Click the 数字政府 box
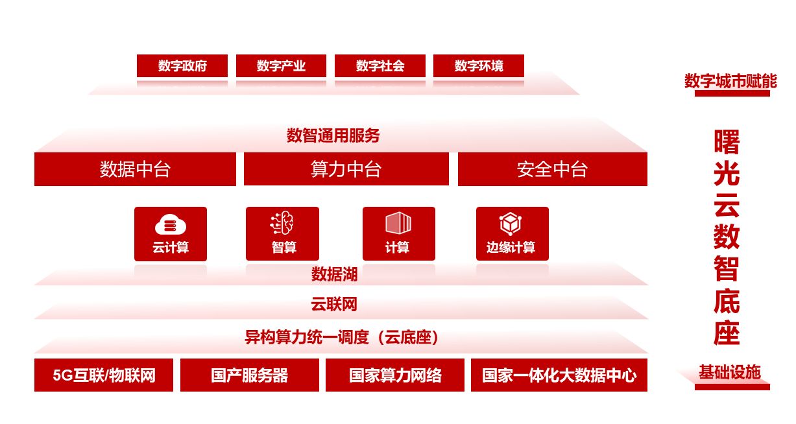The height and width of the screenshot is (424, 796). click(182, 65)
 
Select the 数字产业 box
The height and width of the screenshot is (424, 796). click(281, 65)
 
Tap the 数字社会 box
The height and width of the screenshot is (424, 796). click(380, 65)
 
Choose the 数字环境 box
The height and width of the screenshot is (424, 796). click(479, 65)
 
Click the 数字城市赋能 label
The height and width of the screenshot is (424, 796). click(730, 81)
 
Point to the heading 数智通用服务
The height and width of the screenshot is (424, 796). click(333, 135)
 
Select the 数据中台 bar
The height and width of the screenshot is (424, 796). click(135, 169)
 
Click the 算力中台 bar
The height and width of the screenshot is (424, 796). click(346, 169)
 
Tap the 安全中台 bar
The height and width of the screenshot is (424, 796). click(553, 169)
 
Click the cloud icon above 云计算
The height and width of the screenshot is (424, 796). click(171, 224)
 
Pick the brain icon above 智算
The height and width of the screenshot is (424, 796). click(282, 222)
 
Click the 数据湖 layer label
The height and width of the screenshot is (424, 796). click(334, 274)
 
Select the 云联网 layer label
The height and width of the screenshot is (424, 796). click(334, 304)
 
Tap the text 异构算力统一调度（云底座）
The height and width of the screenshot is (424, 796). click(341, 337)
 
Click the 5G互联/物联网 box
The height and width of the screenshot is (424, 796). click(104, 375)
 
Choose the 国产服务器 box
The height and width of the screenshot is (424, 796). click(250, 375)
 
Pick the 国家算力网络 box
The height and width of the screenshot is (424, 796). click(395, 375)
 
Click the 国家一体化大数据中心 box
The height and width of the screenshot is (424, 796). click(559, 375)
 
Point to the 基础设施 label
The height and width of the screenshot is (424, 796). click(730, 372)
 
